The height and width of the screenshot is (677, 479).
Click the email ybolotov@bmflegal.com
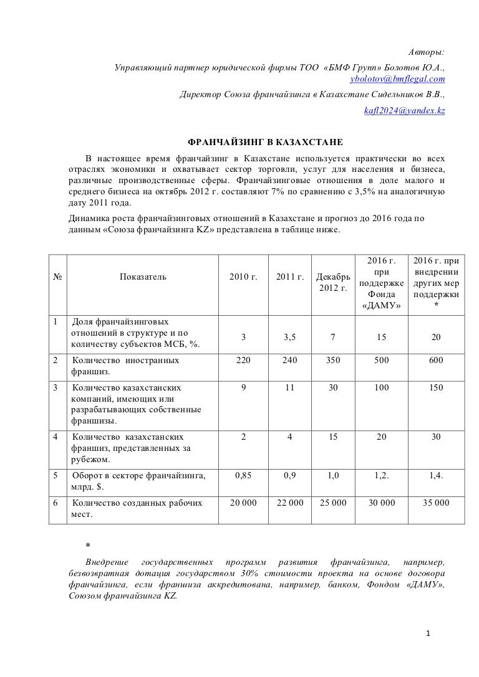pos(398,79)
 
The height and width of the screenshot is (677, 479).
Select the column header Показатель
pos(143,277)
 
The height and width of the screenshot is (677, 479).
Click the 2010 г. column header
pos(243,277)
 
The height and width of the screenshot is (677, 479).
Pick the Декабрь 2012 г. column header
pos(333,282)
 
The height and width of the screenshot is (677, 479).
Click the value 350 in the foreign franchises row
pos(333,360)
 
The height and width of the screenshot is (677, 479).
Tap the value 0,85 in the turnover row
pos(243,476)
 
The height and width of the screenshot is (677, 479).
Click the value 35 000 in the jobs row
pos(436,503)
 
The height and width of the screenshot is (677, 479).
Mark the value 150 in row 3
pos(436,387)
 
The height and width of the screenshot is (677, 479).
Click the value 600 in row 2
pos(436,360)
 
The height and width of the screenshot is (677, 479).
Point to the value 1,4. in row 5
pos(436,476)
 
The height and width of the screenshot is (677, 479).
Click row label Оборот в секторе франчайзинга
pos(138,476)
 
